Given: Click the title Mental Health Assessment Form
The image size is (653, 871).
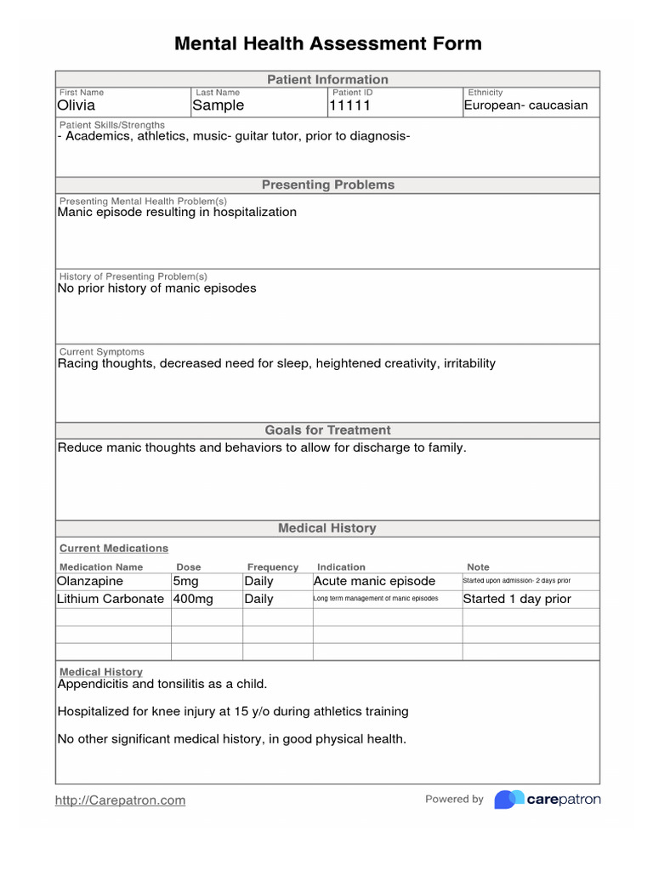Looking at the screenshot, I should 327,43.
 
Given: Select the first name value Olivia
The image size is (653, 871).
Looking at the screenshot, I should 77,105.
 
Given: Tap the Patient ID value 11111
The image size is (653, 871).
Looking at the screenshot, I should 349,105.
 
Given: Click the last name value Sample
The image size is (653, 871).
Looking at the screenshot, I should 218,105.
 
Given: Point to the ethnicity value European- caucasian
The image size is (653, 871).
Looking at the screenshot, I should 525,105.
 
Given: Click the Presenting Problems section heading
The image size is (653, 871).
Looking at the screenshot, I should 327,185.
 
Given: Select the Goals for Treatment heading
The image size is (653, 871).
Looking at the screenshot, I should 327,430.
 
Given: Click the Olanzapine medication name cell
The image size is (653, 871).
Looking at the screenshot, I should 90,581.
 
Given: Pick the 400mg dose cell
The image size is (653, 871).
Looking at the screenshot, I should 193,599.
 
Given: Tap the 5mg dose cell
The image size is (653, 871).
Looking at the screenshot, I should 187,581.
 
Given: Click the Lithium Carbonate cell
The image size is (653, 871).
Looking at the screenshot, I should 111,599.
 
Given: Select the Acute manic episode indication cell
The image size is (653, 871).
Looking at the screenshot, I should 374,581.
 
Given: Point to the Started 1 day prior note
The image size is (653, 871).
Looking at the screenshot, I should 516,599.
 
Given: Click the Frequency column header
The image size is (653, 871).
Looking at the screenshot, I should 273,567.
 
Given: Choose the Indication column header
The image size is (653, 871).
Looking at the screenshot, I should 341,567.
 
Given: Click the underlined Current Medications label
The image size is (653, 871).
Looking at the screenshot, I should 114,549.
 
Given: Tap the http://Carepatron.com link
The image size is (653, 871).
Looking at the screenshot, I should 120,800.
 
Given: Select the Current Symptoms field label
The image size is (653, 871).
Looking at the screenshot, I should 101,351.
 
